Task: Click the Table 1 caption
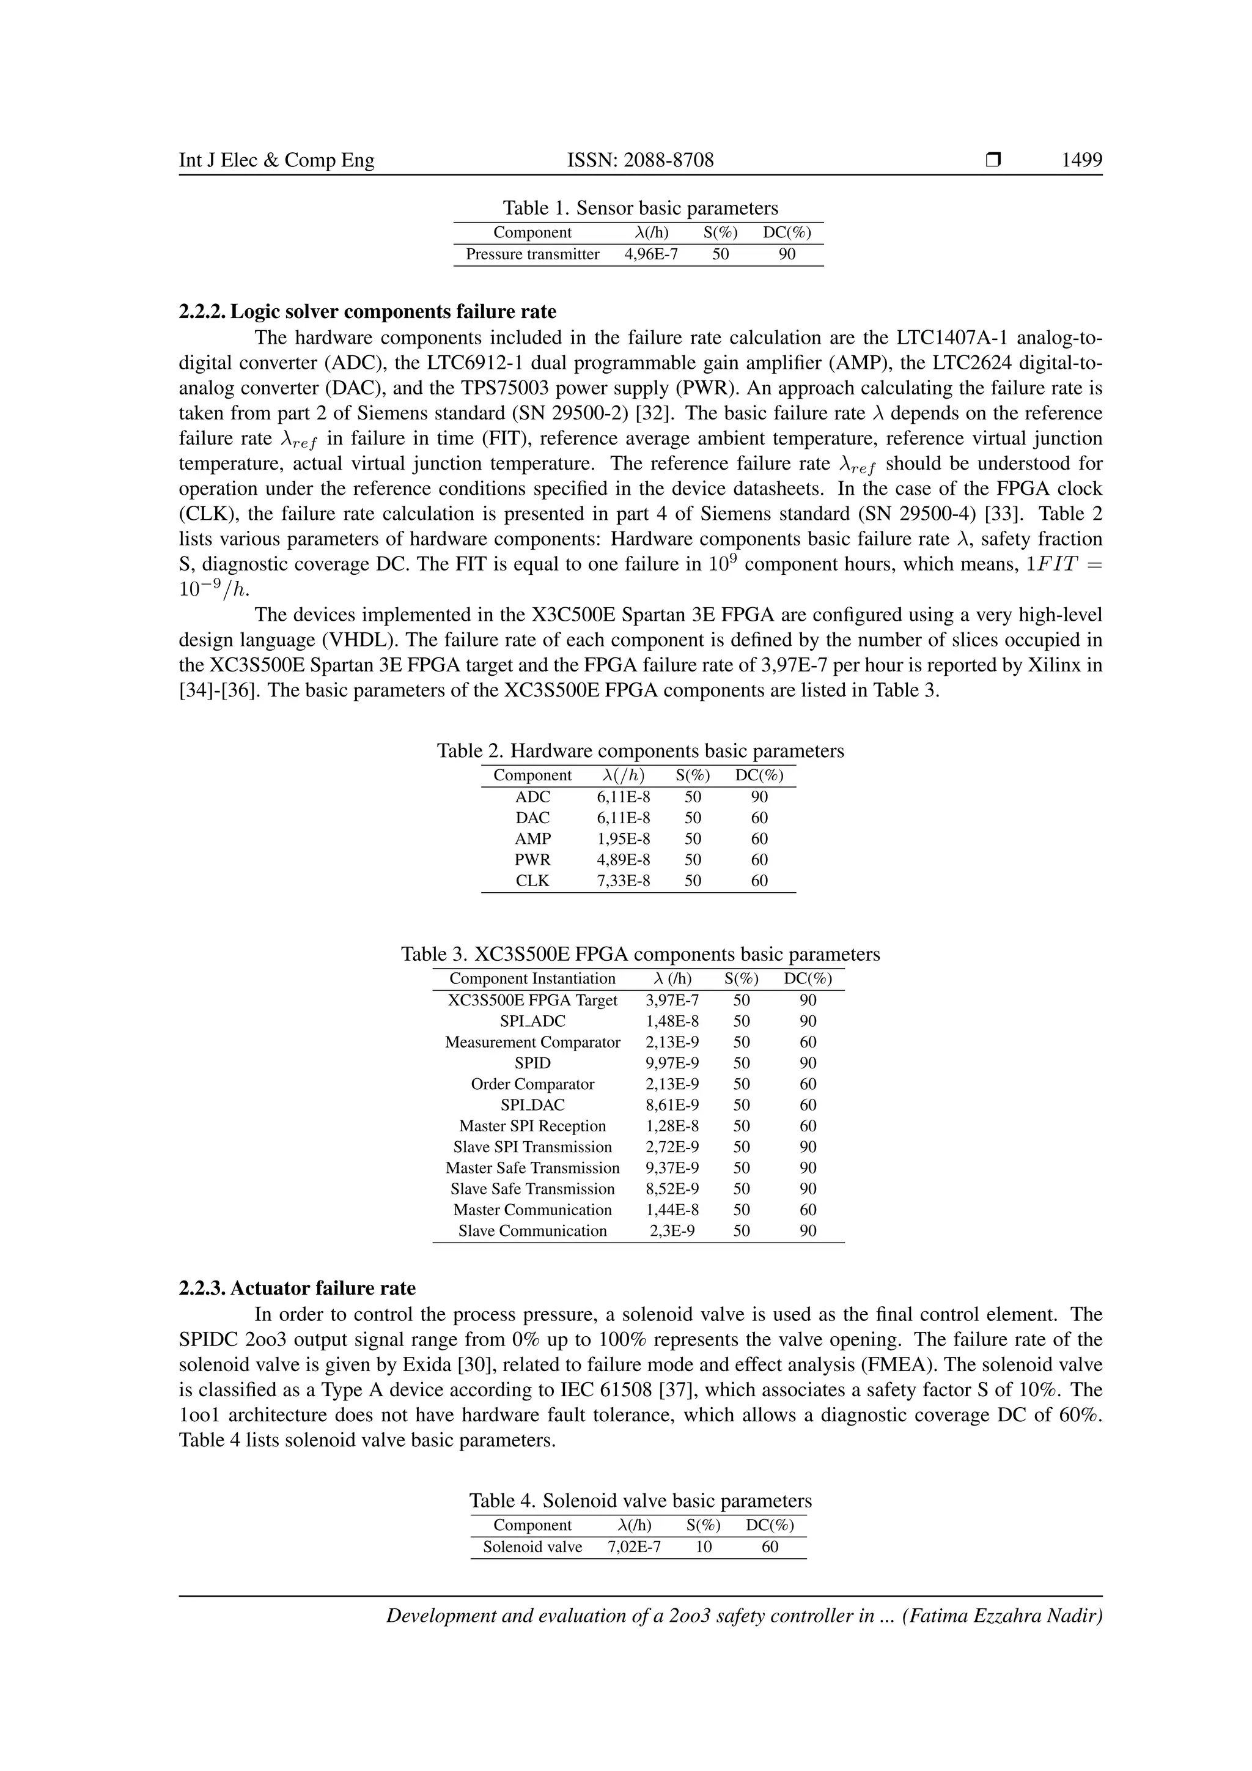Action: pos(640,209)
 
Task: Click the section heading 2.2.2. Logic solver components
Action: pos(367,312)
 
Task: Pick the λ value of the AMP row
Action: pos(623,838)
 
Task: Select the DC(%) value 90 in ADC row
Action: pos(759,797)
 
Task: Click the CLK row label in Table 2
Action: pos(532,880)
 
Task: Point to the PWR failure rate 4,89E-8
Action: pos(623,859)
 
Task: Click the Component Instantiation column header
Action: pos(532,979)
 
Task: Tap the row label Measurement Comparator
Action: pos(532,1042)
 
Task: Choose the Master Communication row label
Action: pos(532,1210)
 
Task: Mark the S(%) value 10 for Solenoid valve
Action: pos(703,1547)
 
